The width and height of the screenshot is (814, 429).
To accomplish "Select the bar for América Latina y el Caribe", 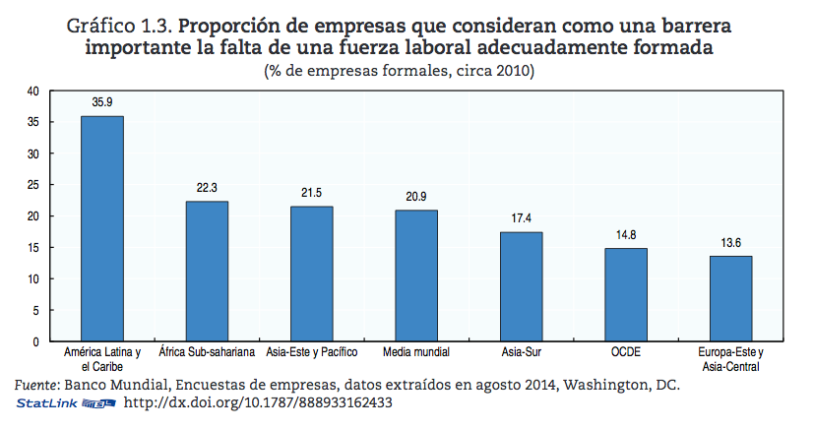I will [102, 228].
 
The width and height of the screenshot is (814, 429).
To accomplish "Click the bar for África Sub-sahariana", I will [207, 271].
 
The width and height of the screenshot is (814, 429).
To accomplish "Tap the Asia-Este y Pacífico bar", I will [311, 274].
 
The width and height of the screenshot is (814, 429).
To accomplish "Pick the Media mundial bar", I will [416, 276].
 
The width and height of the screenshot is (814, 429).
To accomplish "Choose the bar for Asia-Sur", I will [521, 286].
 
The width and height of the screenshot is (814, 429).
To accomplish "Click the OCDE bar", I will [626, 294].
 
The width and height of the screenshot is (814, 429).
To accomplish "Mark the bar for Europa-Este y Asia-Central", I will [730, 298].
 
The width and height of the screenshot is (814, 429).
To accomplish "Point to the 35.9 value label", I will [102, 100].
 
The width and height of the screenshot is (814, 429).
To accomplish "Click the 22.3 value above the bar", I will [207, 186].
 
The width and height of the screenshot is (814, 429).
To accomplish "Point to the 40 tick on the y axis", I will [31, 92].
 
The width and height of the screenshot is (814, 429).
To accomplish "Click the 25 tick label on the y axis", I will [31, 185].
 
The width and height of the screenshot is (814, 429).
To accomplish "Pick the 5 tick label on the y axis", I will [34, 310].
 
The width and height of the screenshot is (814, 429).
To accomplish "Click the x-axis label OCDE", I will [626, 352].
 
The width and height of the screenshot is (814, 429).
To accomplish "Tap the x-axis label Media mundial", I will [416, 352].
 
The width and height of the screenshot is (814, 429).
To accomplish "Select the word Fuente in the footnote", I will [36, 384].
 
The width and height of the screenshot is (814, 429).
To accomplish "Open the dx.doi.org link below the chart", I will [255, 402].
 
